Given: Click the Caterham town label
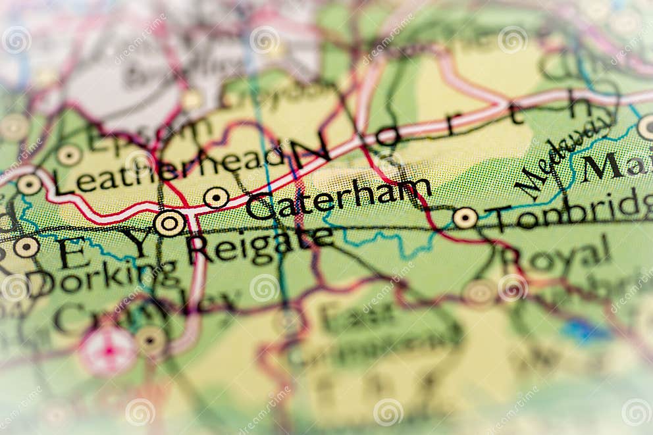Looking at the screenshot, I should click(339, 197).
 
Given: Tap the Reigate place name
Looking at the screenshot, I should click(261, 243).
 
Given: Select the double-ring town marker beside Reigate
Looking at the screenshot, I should click(169, 223).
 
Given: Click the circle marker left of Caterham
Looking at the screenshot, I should click(216, 197).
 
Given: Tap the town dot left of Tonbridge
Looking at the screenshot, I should click(465, 218).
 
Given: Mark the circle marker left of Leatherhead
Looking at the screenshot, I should click(29, 184).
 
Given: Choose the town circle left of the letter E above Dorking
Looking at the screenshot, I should click(26, 247).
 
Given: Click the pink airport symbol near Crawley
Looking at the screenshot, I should click(108, 351).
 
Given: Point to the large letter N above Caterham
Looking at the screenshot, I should click(310, 153).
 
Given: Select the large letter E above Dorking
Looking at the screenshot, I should click(73, 253).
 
